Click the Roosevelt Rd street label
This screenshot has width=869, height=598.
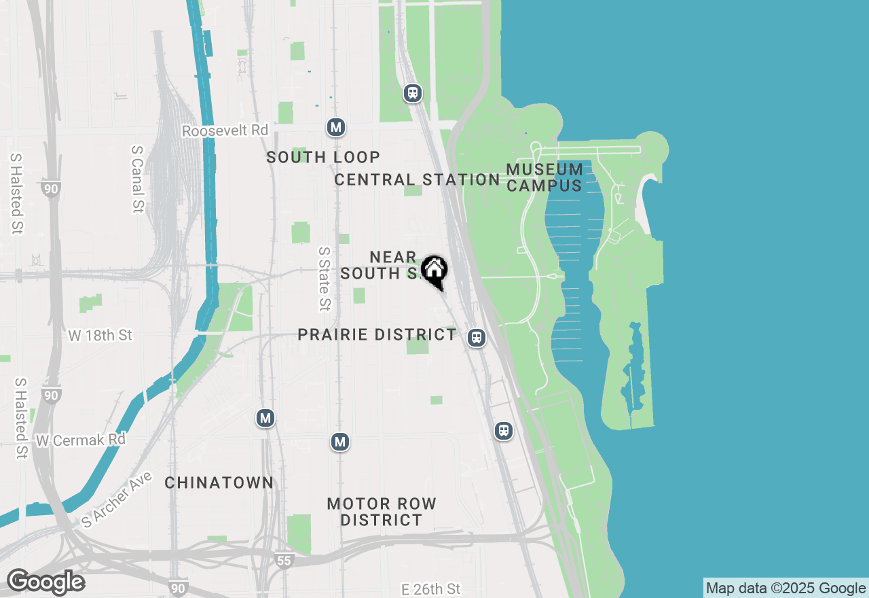[x=225, y=130]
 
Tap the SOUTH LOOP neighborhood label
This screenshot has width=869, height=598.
[x=323, y=157]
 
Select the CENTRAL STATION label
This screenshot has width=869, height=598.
[x=417, y=179]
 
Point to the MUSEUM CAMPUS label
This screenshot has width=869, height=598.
[x=544, y=177]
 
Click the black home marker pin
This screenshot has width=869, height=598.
[x=434, y=270]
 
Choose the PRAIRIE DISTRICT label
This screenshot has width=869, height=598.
[x=377, y=334]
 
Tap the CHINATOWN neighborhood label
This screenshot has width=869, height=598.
[x=219, y=482]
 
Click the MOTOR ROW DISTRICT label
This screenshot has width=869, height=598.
[x=382, y=512]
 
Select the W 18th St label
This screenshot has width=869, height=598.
[x=100, y=335]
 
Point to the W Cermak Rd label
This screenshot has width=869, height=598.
[x=81, y=440]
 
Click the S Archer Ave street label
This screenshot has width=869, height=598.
[x=117, y=499]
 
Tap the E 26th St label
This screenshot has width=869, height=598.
[x=430, y=588]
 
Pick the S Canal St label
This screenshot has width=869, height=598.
[x=138, y=179]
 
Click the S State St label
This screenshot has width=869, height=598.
[x=325, y=278]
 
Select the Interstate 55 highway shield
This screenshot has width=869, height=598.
[x=285, y=561]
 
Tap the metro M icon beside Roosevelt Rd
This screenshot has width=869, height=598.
[x=335, y=127]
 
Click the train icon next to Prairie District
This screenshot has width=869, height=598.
[x=477, y=338]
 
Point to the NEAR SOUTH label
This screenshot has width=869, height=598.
[x=380, y=265]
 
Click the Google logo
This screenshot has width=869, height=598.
[x=45, y=582]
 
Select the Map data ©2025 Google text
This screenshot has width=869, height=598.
[x=785, y=588]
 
